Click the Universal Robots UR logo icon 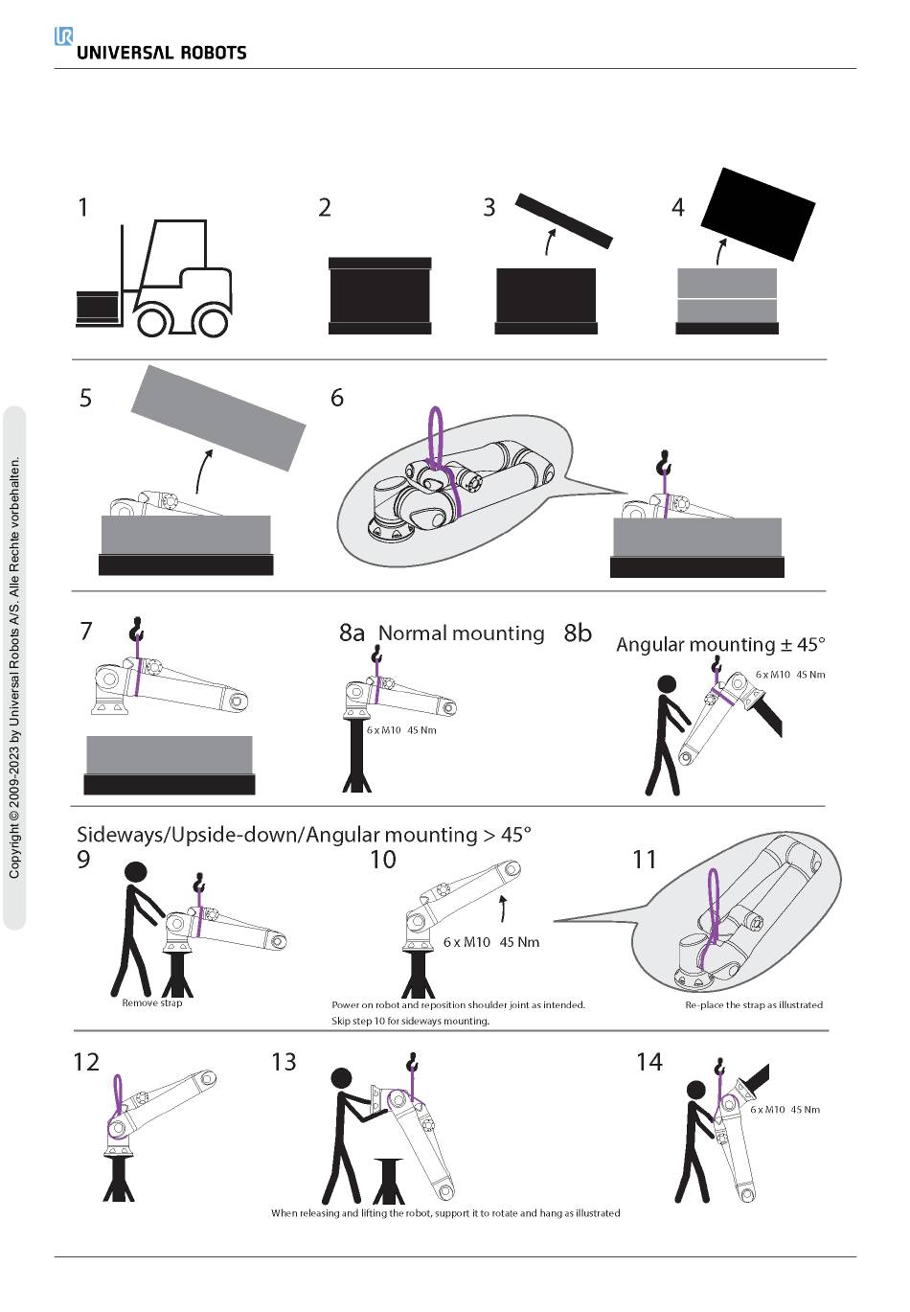click(x=63, y=36)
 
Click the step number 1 click(x=83, y=207)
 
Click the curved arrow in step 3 click(x=549, y=242)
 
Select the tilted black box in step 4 click(x=758, y=214)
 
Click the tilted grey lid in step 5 click(x=217, y=418)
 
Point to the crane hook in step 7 click(x=136, y=628)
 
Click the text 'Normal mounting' click(x=461, y=633)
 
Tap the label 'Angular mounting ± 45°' click(x=720, y=644)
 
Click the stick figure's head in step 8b click(x=667, y=684)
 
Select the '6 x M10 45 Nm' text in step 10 click(x=490, y=942)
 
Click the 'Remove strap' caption click(x=151, y=1002)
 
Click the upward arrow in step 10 click(x=503, y=908)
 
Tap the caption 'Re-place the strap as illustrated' click(x=754, y=1005)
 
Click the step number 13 click(x=284, y=1062)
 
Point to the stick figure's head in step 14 click(x=695, y=1091)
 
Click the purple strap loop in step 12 click(x=117, y=1093)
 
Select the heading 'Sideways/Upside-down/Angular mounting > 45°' click(x=304, y=835)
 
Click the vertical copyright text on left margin click(x=14, y=667)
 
